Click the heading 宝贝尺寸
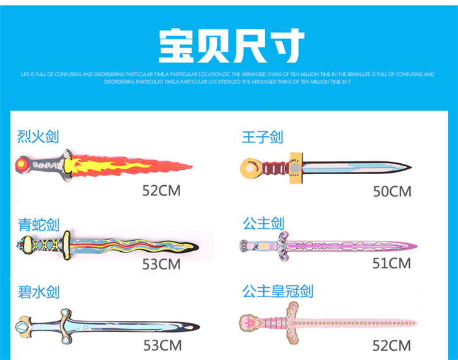231,46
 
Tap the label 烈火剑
38,136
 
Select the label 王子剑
263,137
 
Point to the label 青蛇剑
38,225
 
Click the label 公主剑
263,224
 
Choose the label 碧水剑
38,292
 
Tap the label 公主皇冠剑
278,291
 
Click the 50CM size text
392,192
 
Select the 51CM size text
391,263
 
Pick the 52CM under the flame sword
161,190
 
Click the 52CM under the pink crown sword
391,346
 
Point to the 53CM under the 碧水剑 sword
162,345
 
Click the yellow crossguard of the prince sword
296,166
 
